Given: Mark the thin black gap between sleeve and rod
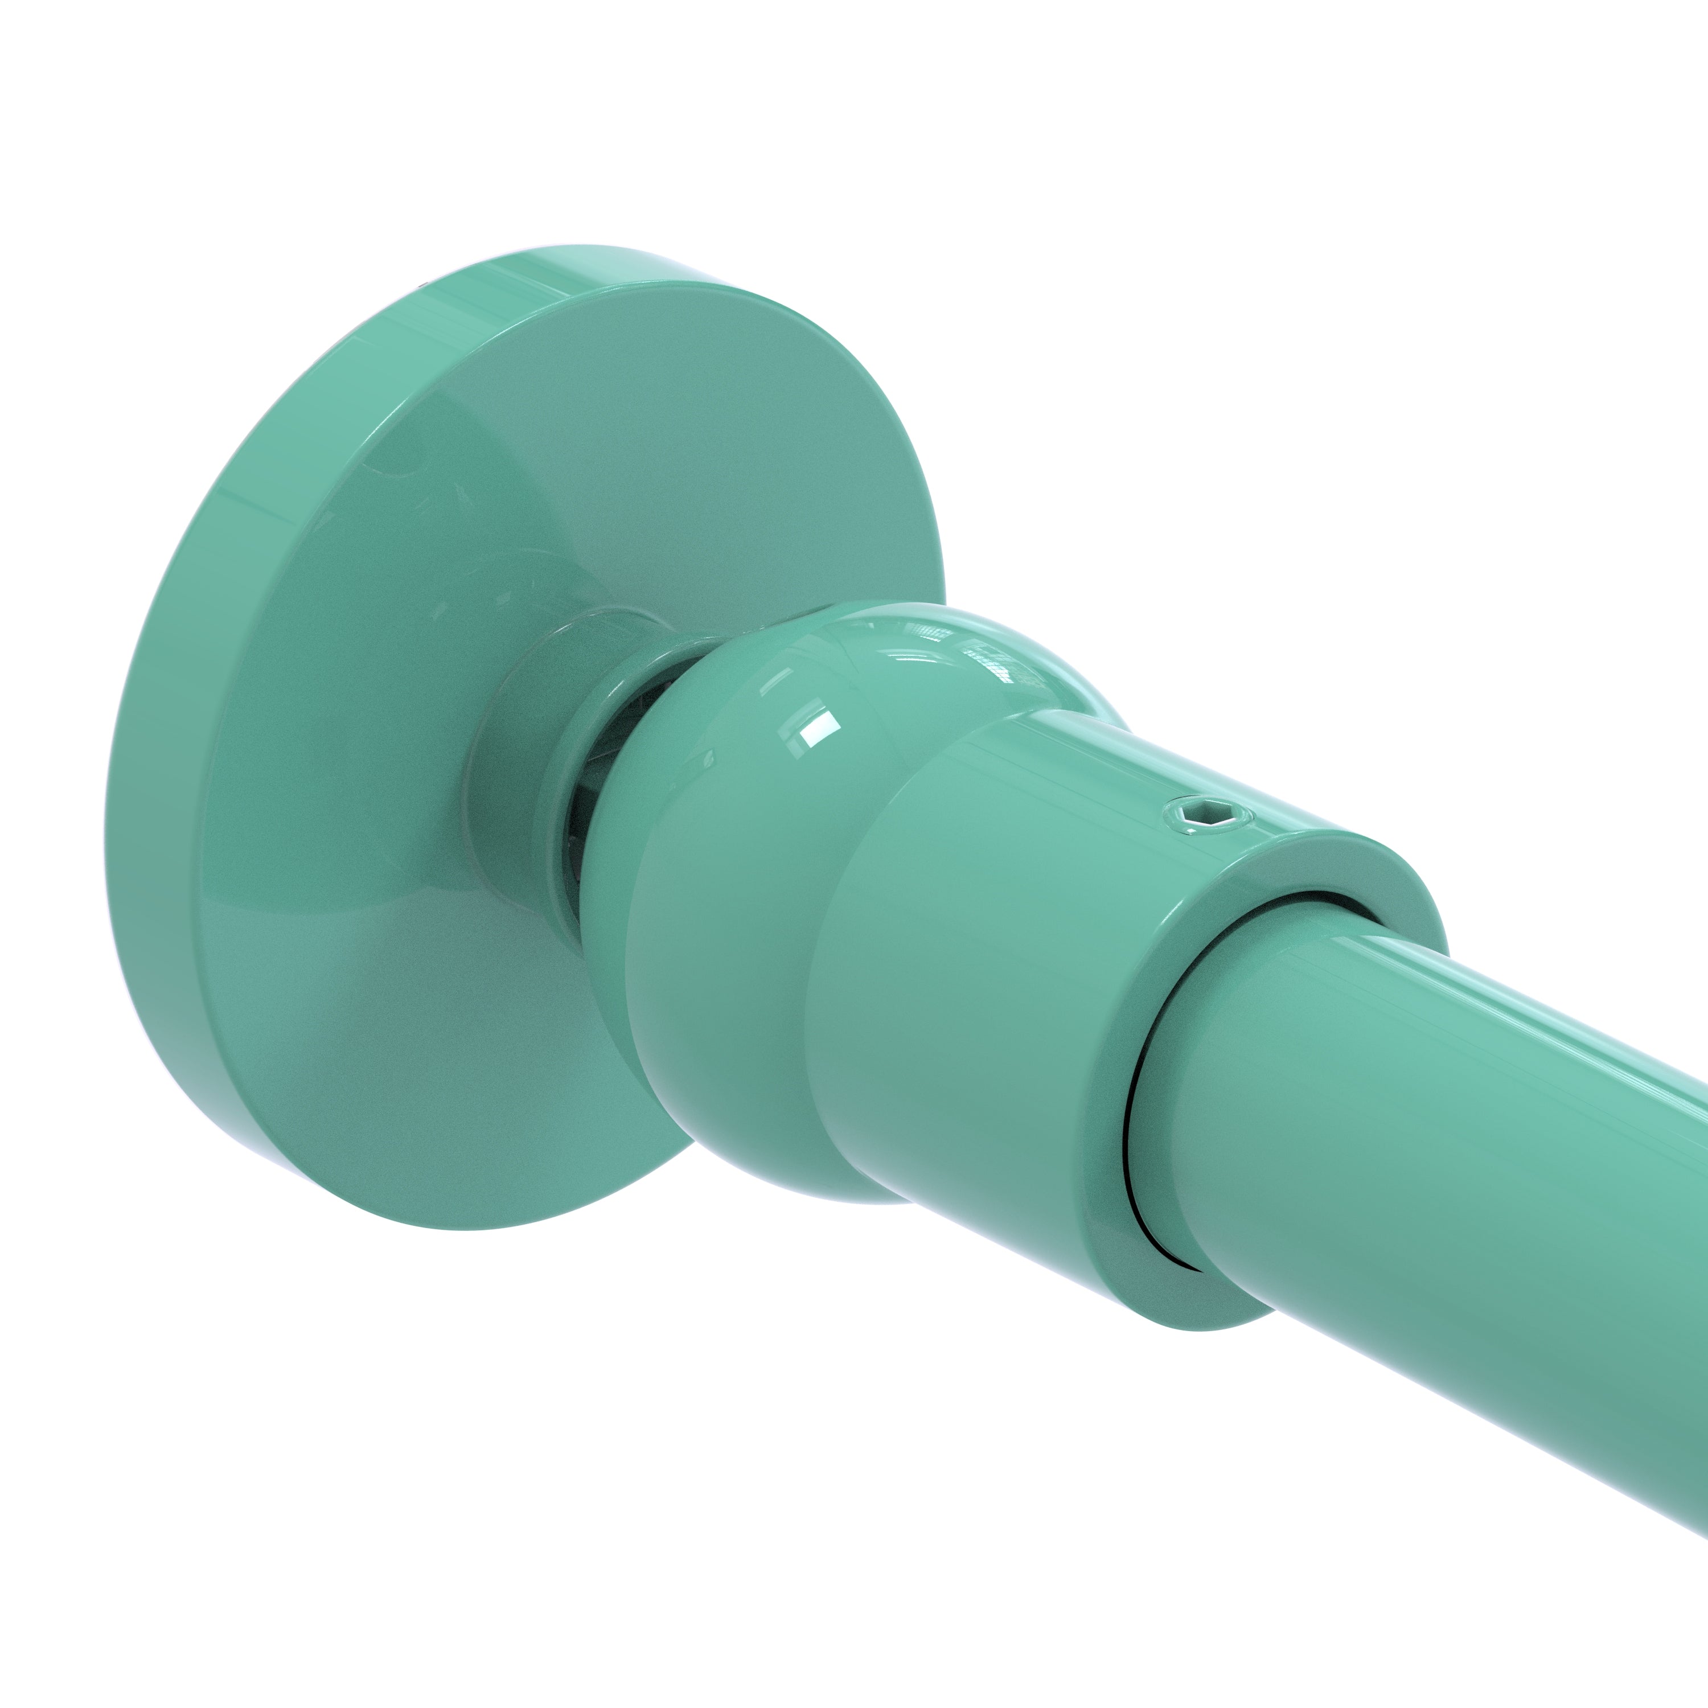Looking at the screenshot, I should [x=1132, y=1140].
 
